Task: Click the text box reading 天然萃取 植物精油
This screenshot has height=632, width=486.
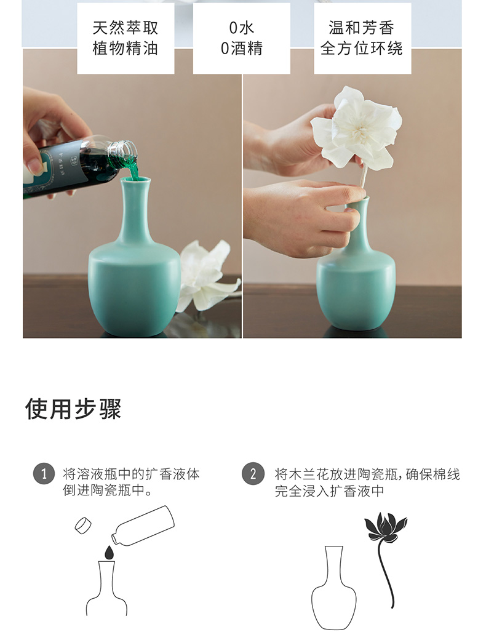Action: click(x=125, y=38)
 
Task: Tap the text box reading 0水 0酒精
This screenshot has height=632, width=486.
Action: click(x=241, y=38)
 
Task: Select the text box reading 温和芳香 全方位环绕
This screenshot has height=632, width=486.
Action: click(x=362, y=38)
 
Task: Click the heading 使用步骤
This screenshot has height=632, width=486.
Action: click(x=73, y=409)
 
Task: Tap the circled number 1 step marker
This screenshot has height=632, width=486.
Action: click(x=44, y=473)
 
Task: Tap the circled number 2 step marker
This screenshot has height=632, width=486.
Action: click(x=253, y=473)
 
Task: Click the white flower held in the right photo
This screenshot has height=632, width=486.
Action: click(x=357, y=127)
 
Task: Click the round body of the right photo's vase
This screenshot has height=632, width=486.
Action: click(x=356, y=290)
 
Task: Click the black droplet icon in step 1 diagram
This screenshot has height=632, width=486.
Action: click(x=109, y=553)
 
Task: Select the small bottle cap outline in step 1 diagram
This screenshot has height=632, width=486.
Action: click(x=83, y=526)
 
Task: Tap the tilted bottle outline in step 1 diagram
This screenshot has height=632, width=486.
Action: click(x=143, y=526)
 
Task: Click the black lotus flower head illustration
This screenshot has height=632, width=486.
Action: click(x=385, y=527)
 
